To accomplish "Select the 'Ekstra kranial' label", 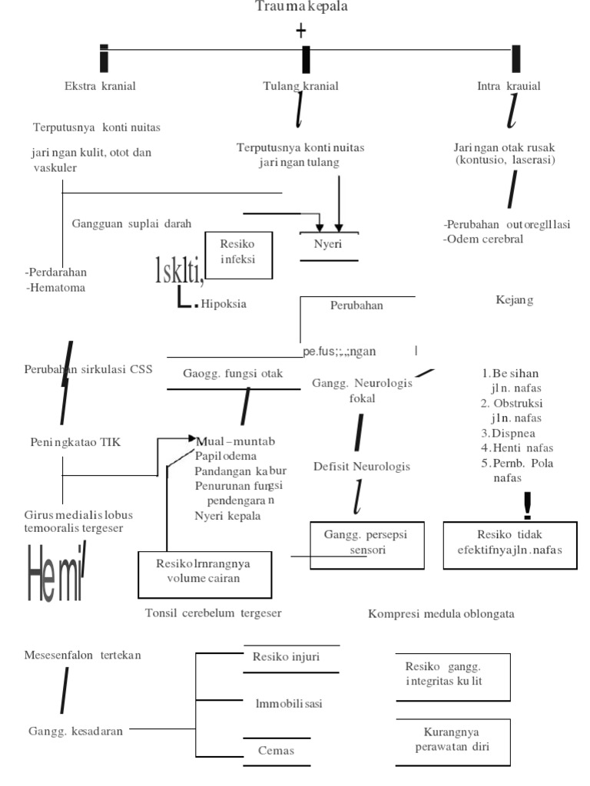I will click(x=100, y=86).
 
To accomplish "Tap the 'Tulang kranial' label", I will click(x=300, y=86).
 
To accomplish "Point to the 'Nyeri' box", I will click(x=328, y=245).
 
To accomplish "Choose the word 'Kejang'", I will click(x=514, y=299).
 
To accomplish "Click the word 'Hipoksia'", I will click(x=224, y=304).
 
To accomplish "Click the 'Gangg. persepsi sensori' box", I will click(x=366, y=545).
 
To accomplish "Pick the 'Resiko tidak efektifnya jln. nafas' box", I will click(x=509, y=545).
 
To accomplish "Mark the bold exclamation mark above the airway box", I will click(x=526, y=505).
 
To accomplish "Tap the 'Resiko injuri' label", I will click(x=286, y=657).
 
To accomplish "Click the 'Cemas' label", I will click(x=276, y=750).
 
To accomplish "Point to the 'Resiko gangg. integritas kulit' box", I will click(x=444, y=675).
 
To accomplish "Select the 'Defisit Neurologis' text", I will click(x=361, y=467).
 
